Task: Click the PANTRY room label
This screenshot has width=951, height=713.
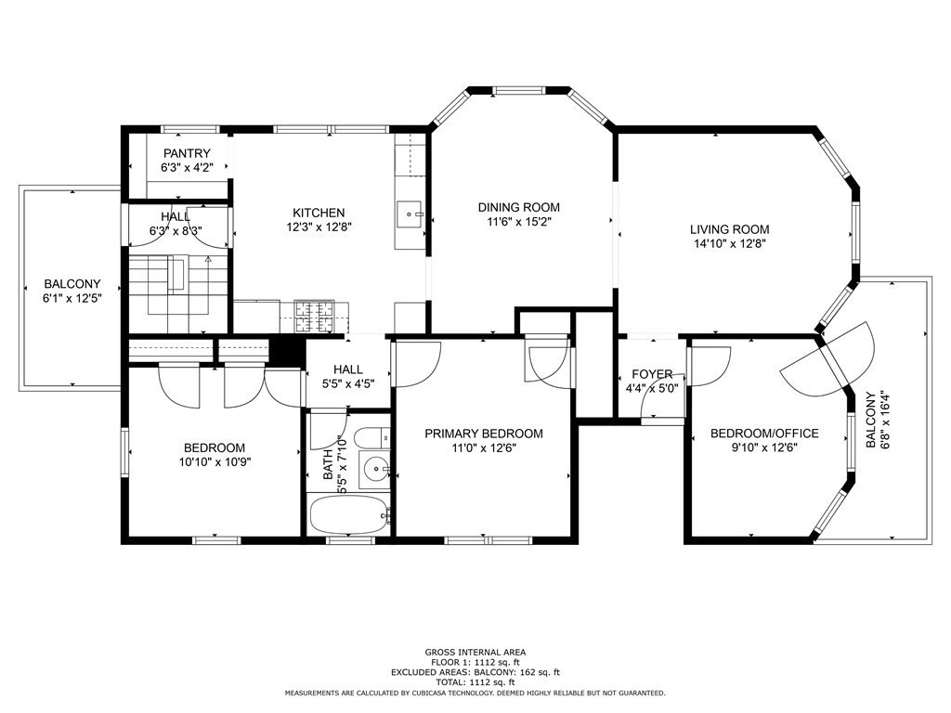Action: (187, 153)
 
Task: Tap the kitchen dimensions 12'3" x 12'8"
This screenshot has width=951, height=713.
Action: (319, 227)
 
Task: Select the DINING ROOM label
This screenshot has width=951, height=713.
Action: (519, 207)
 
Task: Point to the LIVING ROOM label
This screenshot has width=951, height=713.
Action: (729, 229)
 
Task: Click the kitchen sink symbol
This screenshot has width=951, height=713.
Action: (410, 214)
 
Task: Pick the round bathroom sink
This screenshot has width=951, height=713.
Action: (375, 469)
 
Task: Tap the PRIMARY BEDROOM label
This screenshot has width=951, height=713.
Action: (484, 434)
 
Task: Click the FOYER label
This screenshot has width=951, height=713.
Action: (652, 375)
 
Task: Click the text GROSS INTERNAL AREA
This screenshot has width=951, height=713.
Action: (475, 652)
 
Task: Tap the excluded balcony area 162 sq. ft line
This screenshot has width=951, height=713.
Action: (475, 672)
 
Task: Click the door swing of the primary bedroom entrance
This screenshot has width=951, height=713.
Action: (409, 364)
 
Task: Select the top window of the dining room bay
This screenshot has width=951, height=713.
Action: (519, 90)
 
